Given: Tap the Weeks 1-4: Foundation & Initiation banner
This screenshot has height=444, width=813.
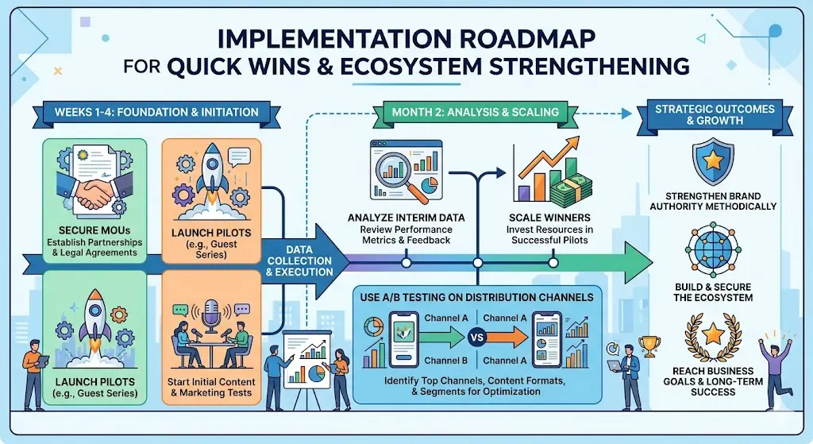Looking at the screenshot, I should click(x=156, y=112).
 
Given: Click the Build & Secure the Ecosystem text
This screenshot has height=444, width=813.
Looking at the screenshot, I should click(x=711, y=291).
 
